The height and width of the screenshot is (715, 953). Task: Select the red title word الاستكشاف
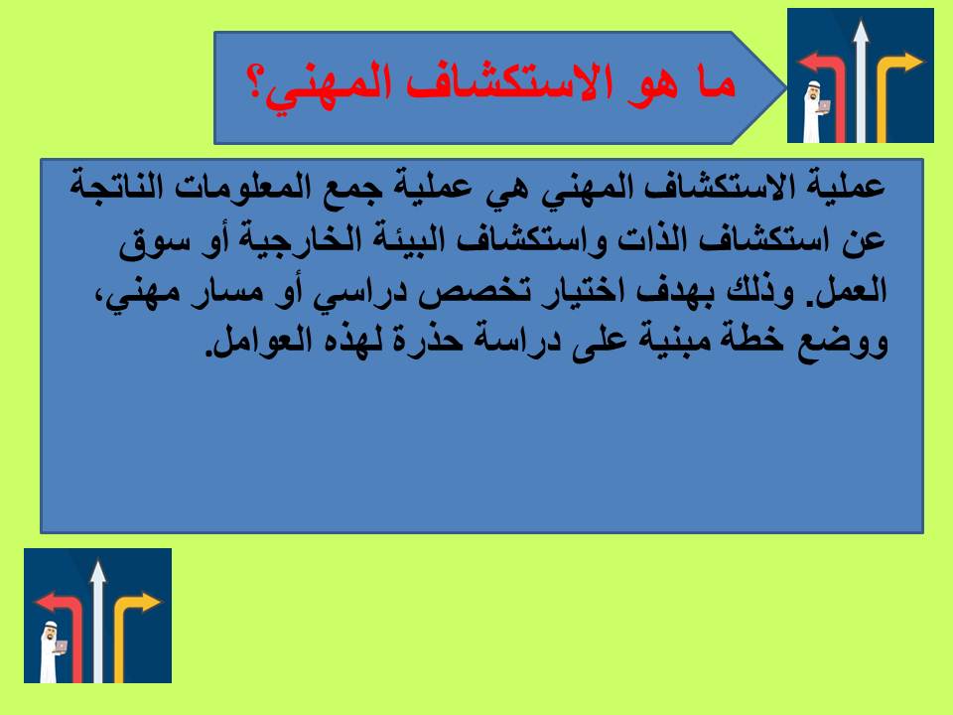[x=502, y=81]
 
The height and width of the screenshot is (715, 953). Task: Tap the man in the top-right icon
[x=813, y=113]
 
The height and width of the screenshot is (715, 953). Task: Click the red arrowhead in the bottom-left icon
[x=45, y=602]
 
